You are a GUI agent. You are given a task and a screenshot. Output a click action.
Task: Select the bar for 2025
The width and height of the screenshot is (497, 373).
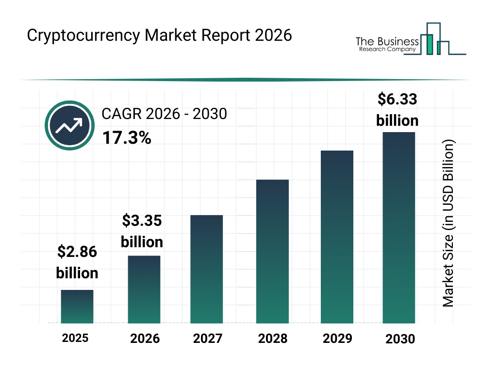coord(77,306)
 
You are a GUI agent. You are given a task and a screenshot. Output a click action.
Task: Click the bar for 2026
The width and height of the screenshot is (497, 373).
coord(144,289)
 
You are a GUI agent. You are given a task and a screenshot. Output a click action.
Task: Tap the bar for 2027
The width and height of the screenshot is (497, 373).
coord(206,269)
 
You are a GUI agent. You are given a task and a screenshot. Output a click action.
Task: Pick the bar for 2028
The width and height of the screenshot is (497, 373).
coord(272,252)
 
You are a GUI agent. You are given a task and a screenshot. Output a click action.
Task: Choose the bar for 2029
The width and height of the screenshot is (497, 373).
coord(337,237)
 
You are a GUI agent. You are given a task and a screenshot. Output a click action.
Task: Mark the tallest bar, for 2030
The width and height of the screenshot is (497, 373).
coord(398,227)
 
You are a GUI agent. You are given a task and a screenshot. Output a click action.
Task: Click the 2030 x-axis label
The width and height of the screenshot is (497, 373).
coord(400,339)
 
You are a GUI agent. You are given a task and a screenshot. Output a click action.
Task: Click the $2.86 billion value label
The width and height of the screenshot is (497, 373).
coord(77,262)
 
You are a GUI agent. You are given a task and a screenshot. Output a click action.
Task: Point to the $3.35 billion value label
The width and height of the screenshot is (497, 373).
coord(142,231)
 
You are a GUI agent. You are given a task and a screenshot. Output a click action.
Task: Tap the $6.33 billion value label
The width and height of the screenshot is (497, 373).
coord(397,110)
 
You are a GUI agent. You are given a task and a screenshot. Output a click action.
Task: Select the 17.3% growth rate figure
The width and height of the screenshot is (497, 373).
coord(126,138)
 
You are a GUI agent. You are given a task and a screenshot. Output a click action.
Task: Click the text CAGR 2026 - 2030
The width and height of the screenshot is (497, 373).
coord(164,114)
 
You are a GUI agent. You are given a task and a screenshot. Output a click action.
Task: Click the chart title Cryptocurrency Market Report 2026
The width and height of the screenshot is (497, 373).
coord(159,35)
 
